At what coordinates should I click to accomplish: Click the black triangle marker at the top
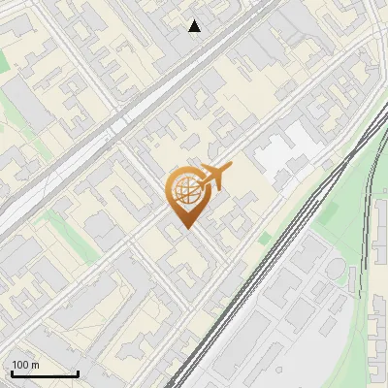click(x=195, y=26)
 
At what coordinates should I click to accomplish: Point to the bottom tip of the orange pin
click(x=186, y=229)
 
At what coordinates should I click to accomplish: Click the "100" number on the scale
click(x=20, y=365)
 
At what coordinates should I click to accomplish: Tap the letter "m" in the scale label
click(x=35, y=365)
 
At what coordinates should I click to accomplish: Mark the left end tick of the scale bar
click(x=11, y=372)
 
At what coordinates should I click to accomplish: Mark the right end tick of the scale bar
click(x=78, y=372)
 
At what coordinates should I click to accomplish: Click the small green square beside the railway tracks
click(x=264, y=238)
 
